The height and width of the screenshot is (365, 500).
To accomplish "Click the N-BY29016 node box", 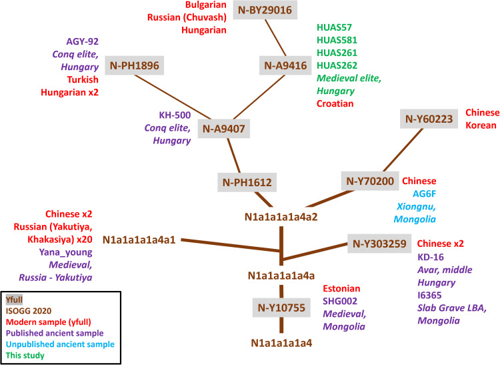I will pos(268,10).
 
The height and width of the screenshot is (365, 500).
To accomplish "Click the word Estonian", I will pos(342,289).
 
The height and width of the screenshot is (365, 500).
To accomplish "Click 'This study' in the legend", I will pos(25,356).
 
